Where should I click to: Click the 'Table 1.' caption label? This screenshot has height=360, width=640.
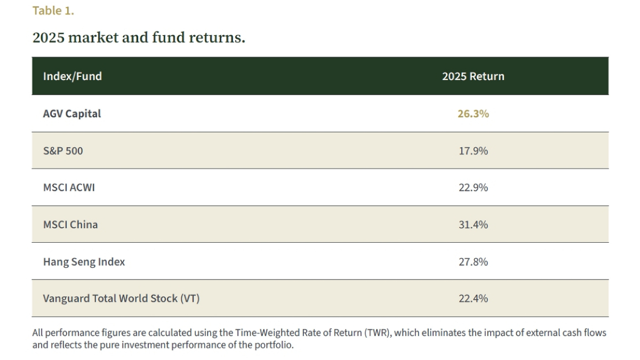click(53, 11)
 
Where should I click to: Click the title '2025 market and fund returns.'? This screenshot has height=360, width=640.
click(139, 38)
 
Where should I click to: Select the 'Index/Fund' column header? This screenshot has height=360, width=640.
click(73, 76)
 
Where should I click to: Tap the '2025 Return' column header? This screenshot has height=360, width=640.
click(473, 76)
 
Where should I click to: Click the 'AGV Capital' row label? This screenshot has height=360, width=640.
click(72, 114)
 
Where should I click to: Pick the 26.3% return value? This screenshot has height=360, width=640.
click(473, 114)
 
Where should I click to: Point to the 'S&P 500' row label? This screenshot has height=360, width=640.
click(63, 151)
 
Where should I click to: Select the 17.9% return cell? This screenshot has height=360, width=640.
click(473, 151)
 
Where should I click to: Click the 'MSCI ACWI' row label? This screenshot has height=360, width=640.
click(69, 188)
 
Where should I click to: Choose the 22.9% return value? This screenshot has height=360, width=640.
click(473, 188)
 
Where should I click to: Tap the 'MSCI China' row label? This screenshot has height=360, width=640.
click(70, 225)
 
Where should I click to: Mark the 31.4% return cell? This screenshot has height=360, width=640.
click(473, 225)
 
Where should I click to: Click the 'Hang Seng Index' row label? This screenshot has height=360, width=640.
click(84, 262)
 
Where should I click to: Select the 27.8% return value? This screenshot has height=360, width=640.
click(473, 262)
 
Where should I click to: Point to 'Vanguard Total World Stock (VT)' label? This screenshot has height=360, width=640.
click(121, 299)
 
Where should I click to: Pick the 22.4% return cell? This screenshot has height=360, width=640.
click(473, 299)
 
